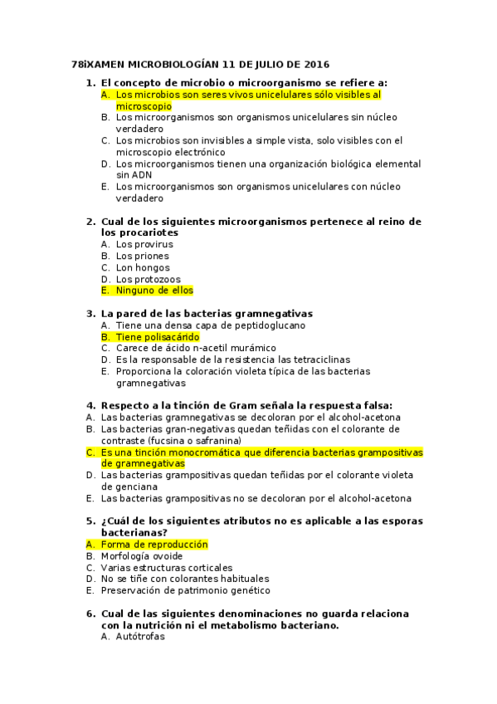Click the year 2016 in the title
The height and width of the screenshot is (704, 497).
(x=317, y=64)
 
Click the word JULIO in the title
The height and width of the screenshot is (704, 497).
(x=265, y=64)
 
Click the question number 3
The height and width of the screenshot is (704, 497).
(x=90, y=314)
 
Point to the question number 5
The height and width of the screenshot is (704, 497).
(x=90, y=521)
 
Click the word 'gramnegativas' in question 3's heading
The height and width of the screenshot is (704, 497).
(x=274, y=314)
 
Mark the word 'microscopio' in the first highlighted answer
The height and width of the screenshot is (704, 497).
(x=144, y=106)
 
